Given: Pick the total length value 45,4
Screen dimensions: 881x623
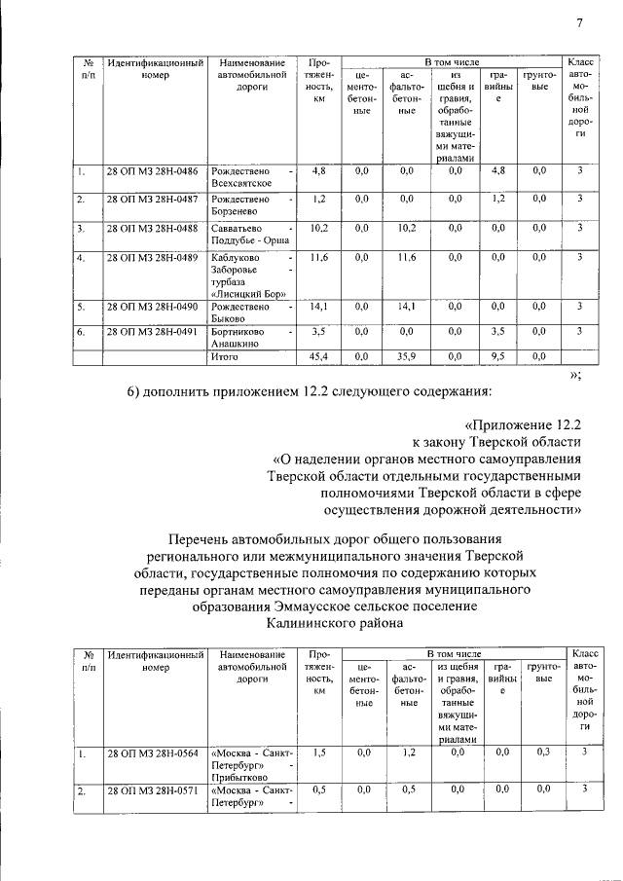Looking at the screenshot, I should (x=317, y=357).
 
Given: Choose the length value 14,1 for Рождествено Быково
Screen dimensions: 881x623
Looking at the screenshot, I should (x=317, y=307).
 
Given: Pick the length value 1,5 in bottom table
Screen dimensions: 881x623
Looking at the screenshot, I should (x=317, y=753).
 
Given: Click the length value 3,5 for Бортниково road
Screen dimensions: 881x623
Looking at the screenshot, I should (x=317, y=332).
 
